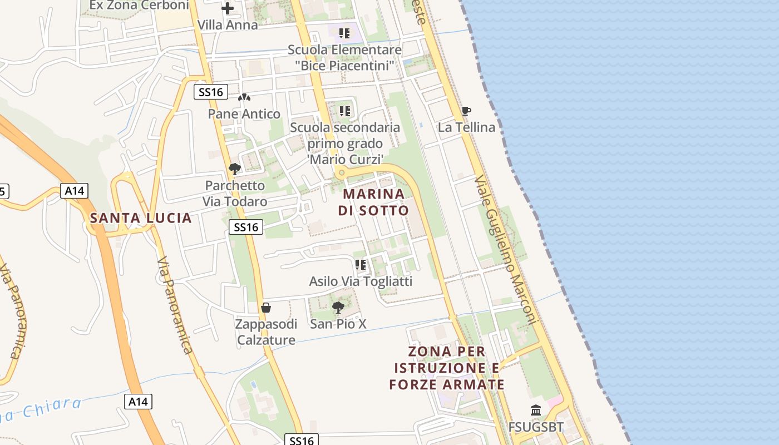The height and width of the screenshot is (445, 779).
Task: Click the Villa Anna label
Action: pyautogui.click(x=228, y=25)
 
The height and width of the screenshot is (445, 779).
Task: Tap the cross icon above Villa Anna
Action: pyautogui.click(x=228, y=8)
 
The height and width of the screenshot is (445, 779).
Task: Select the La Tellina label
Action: pyautogui.click(x=466, y=127)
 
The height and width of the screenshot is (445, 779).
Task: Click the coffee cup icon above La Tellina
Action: pyautogui.click(x=466, y=111)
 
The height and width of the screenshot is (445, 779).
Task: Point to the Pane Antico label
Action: pyautogui.click(x=244, y=114)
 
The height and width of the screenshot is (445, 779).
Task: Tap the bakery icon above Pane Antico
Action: pyautogui.click(x=244, y=98)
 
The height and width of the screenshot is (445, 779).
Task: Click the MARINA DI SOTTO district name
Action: pyautogui.click(x=373, y=202)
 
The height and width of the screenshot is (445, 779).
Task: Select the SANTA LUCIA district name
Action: pyautogui.click(x=141, y=218)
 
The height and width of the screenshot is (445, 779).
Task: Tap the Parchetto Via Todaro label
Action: pyautogui.click(x=235, y=194)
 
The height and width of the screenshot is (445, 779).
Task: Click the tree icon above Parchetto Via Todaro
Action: pyautogui.click(x=235, y=169)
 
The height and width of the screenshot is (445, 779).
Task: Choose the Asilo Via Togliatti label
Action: pyautogui.click(x=361, y=281)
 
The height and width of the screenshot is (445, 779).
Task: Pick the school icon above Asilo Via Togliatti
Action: pyautogui.click(x=361, y=265)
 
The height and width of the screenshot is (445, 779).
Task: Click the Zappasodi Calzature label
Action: pyautogui.click(x=267, y=332)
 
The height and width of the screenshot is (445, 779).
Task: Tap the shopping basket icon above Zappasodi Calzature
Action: pyautogui.click(x=267, y=308)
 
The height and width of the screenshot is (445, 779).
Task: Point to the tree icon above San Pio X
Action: pyautogui.click(x=338, y=307)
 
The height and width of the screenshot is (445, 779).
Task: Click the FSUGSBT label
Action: pyautogui.click(x=536, y=427)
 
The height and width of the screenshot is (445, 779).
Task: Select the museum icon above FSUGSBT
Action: pyautogui.click(x=536, y=411)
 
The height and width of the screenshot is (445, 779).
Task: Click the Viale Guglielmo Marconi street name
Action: pyautogui.click(x=505, y=250)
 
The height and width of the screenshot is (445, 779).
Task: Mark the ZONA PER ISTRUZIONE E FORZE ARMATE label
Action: pyautogui.click(x=447, y=368)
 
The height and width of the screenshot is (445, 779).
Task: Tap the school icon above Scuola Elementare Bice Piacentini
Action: pyautogui.click(x=344, y=33)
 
